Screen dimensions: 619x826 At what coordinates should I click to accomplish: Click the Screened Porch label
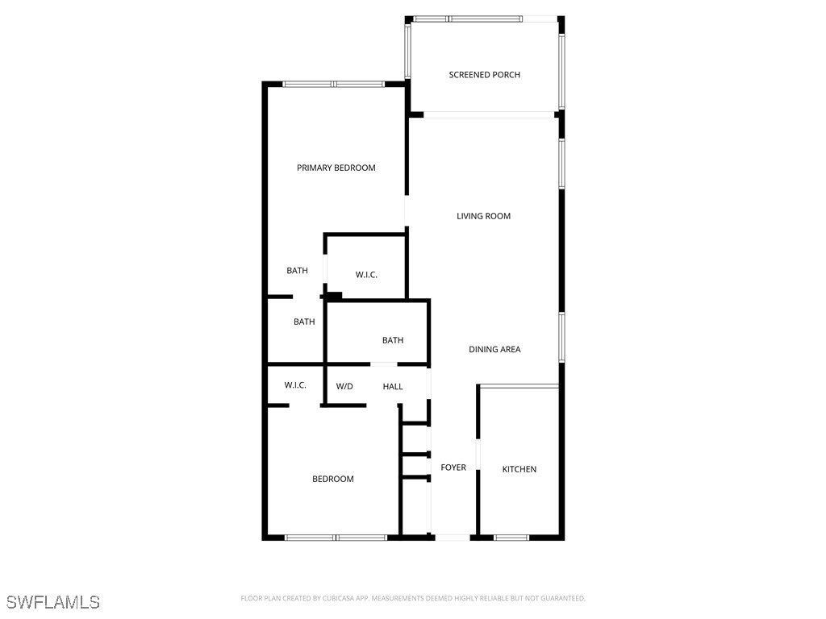(484, 75)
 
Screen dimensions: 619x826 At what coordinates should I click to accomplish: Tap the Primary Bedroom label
(336, 168)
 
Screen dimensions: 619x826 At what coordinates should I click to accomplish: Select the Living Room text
(483, 216)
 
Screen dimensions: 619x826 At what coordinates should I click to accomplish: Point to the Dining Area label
(494, 349)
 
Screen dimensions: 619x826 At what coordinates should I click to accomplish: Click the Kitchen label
(519, 469)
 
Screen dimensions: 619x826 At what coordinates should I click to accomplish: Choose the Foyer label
(453, 467)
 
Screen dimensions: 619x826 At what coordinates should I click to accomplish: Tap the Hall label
(393, 387)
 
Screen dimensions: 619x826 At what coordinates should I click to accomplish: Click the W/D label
(344, 387)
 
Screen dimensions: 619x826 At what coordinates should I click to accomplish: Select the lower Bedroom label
(332, 479)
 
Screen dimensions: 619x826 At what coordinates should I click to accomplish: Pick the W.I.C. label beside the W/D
(294, 385)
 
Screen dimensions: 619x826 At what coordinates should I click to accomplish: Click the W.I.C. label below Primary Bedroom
(366, 275)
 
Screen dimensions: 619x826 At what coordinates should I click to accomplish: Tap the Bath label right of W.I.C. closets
(393, 340)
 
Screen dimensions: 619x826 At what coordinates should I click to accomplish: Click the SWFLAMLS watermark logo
(52, 602)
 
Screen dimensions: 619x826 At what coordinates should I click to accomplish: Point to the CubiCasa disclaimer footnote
(412, 598)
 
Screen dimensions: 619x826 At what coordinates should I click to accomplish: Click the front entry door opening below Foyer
(452, 537)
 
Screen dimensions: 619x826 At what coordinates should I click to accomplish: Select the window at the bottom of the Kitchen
(511, 537)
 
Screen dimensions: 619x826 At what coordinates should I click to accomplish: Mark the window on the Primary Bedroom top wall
(333, 84)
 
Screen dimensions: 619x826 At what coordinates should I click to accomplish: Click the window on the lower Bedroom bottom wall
(336, 537)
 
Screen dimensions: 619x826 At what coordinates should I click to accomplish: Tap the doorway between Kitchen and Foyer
(478, 454)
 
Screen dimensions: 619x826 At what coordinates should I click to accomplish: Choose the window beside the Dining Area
(561, 335)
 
